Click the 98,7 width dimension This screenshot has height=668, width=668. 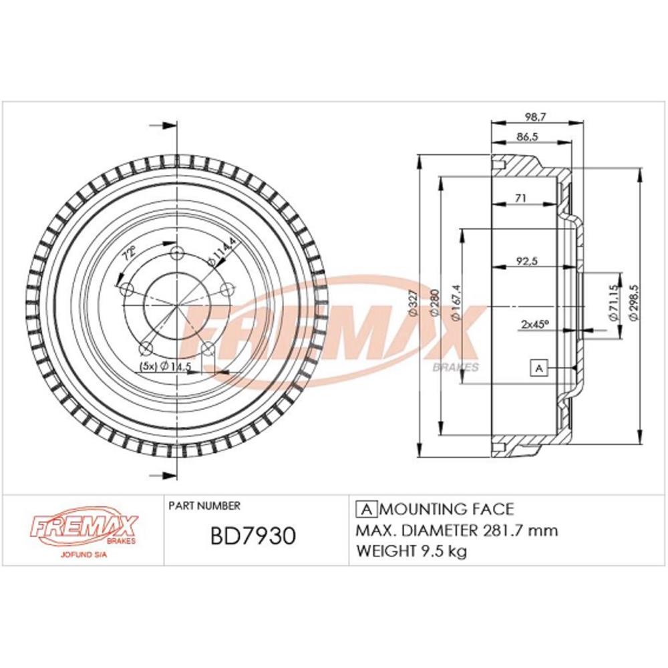532,117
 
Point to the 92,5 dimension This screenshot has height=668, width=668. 528,262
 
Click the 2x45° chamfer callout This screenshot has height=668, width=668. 534,324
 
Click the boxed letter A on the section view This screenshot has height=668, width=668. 538,367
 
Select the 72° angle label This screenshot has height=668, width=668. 130,254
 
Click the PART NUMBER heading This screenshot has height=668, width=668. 204,506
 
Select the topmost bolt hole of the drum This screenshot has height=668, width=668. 177,254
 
